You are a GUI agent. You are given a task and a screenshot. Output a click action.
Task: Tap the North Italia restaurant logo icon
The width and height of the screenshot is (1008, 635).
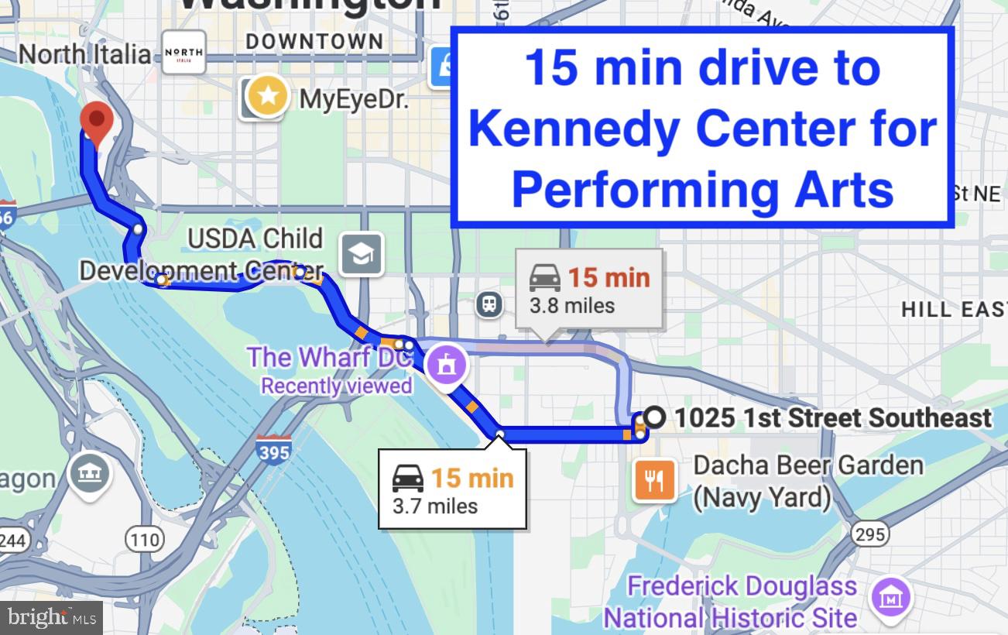[x=183, y=52]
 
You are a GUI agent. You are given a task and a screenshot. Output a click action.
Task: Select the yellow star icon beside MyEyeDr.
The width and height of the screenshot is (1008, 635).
[x=268, y=97]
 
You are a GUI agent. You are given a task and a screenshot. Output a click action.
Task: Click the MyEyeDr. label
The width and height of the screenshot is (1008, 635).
[x=353, y=99]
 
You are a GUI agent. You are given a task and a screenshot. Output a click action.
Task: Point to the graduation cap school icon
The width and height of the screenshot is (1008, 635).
[x=362, y=253]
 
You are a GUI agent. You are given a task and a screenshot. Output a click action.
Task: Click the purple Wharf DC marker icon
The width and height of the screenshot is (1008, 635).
[x=447, y=362]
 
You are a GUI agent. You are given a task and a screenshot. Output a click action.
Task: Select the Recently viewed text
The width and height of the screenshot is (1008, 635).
[x=336, y=385]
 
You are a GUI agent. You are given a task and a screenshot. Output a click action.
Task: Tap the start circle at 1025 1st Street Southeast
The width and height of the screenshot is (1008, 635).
[x=654, y=417]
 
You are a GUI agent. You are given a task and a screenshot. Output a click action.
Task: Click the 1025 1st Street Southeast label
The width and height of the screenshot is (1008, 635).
[x=832, y=418]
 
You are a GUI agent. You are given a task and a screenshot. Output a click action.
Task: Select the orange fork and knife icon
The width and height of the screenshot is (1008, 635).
[x=654, y=480]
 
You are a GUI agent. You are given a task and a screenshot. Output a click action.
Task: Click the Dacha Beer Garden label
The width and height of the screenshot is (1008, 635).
[x=807, y=481]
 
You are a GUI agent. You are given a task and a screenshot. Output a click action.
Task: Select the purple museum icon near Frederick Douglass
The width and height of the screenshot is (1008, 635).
[x=892, y=598]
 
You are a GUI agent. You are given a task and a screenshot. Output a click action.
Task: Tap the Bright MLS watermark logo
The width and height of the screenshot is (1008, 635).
[x=51, y=617]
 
